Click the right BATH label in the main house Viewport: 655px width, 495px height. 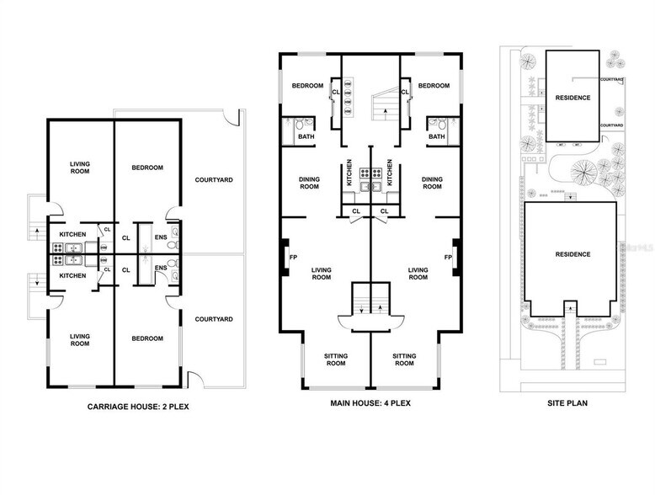436,137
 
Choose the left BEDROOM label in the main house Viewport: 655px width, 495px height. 309,86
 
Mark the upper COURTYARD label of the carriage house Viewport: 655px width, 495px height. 213,179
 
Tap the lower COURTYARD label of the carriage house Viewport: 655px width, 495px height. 213,319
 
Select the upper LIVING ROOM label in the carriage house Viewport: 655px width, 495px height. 80,168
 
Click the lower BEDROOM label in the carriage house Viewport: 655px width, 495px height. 146,338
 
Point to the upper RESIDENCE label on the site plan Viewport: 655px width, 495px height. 572,98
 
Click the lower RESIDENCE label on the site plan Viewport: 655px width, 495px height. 572,254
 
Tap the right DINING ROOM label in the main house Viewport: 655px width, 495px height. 432,183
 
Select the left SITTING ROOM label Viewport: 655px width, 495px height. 335,359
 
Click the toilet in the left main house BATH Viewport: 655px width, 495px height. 299,127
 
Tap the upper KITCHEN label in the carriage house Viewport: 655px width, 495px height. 72,235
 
